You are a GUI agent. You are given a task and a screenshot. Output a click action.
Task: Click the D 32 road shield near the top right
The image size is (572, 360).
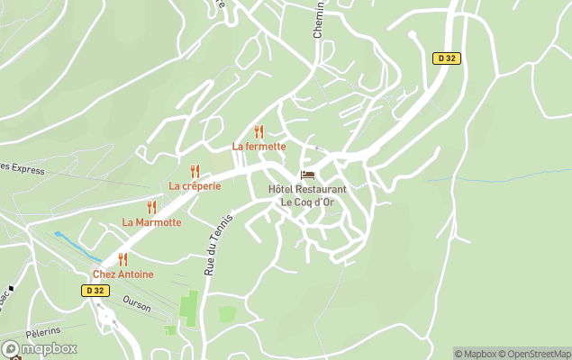(x=446, y=58)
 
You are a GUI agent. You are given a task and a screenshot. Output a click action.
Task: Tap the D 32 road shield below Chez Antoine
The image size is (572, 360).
(x=95, y=291)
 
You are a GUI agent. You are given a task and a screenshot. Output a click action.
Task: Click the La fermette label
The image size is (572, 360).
(x=259, y=146)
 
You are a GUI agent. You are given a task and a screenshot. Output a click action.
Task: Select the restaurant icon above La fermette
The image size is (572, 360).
(x=259, y=131)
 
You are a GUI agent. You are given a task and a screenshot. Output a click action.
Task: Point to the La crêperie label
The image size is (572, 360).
(x=195, y=185)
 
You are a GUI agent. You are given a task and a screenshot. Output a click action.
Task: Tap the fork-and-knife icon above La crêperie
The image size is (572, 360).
(x=195, y=171)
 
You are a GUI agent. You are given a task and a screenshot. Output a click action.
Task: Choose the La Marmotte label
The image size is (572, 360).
(x=151, y=222)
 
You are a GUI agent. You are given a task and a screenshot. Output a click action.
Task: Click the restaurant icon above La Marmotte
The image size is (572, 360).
(x=151, y=207)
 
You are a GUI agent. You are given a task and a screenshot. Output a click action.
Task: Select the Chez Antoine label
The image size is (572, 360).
(x=123, y=274)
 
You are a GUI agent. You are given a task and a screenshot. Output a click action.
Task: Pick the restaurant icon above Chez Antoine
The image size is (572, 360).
(x=123, y=259)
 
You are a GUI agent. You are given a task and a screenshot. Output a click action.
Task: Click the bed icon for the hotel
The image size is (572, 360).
(x=307, y=175)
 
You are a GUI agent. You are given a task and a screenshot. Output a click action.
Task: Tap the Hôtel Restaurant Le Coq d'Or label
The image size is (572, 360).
(x=307, y=195)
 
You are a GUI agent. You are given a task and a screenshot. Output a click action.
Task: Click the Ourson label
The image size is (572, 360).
(x=137, y=304)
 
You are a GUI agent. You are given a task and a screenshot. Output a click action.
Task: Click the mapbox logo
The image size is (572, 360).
(x=40, y=348)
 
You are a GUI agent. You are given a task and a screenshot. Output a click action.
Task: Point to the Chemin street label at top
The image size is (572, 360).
(x=319, y=20)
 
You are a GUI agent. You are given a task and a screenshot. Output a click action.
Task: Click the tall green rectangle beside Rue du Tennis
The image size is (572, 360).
(x=189, y=306)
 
